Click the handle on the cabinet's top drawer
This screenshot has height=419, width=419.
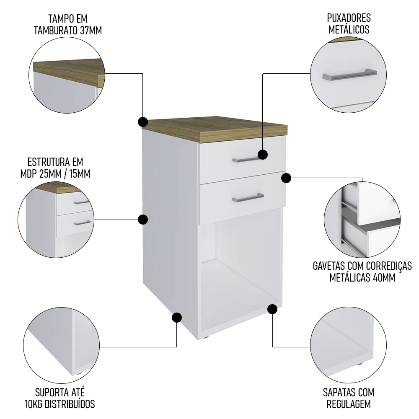(x=247, y=159)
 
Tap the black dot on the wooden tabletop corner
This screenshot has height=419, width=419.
(x=142, y=122)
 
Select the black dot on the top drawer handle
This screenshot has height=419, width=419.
(x=263, y=155)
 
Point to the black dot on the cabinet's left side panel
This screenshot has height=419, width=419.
(x=143, y=219)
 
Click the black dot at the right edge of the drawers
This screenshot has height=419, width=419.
(x=286, y=178)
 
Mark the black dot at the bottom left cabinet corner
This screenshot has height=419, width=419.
(x=177, y=317)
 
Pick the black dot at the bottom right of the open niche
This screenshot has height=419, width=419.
(x=272, y=310)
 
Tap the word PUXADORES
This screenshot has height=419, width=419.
(x=349, y=18)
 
